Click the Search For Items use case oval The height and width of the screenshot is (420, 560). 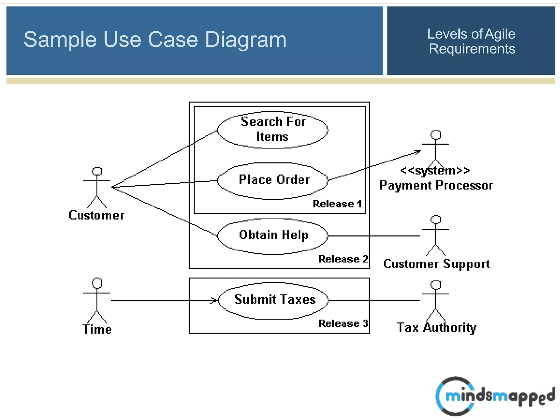(273, 130)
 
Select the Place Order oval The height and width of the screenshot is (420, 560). (273, 181)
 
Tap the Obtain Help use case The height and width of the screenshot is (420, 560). (273, 236)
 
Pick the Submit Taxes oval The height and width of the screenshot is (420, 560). (273, 300)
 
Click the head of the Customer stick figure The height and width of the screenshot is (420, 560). (97, 171)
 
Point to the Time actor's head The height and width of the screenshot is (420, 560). (97, 283)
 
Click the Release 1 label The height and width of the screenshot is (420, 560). (337, 204)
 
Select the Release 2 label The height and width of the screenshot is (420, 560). (343, 259)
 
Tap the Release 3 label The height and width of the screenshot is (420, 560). (343, 323)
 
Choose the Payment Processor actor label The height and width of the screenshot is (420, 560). (436, 185)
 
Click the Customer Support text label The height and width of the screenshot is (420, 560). (436, 264)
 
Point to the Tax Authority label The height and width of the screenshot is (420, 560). (436, 328)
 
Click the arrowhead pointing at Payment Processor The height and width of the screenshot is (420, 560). (418, 152)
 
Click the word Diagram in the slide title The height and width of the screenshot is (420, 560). (245, 40)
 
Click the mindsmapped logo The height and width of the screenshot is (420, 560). (495, 396)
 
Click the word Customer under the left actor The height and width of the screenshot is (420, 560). (97, 215)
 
